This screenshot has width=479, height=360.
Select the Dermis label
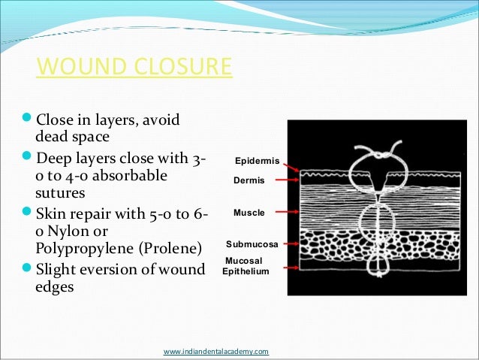(249, 181)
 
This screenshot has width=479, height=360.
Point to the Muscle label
(249, 213)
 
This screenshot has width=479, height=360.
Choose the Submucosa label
(252, 245)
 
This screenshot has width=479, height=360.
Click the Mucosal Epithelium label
(246, 266)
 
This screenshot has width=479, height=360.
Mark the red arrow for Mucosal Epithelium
(285, 266)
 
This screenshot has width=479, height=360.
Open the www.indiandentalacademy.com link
(215, 351)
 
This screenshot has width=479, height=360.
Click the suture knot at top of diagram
(381, 153)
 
